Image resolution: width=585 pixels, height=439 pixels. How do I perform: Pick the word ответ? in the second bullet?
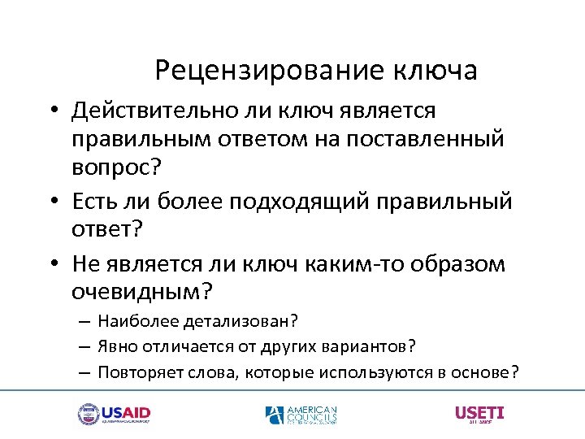click(107, 229)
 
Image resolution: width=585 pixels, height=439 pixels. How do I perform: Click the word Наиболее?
click(132, 320)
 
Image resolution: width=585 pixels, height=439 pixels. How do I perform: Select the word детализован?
click(235, 320)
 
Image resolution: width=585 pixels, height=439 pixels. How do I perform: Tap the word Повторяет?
click(134, 372)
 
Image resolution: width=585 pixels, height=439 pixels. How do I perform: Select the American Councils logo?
click(301, 415)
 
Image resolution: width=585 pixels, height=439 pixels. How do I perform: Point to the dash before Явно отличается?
click(84, 347)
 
